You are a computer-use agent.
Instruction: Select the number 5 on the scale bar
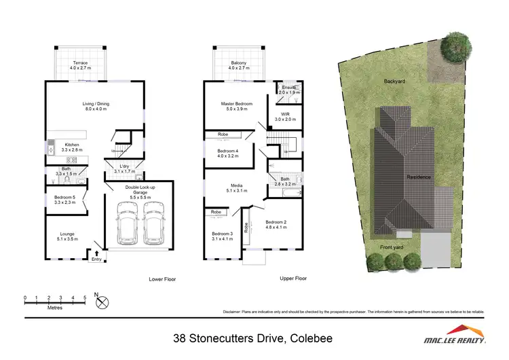click(x=85, y=298)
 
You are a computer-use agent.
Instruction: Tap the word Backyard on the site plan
click(x=393, y=81)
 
